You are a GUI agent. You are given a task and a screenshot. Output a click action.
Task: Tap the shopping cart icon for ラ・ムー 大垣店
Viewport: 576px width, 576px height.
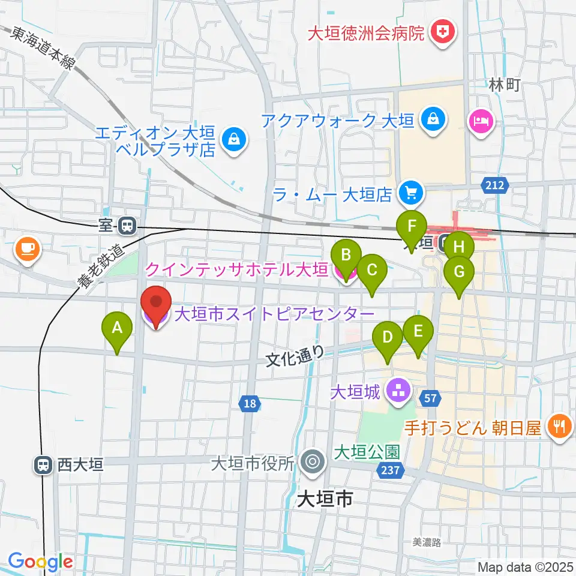(x=412, y=193)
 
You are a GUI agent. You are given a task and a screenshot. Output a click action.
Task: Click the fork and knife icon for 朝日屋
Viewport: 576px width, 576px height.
(x=560, y=427)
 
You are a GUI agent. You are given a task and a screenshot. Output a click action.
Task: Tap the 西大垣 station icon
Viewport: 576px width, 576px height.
(x=43, y=464)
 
